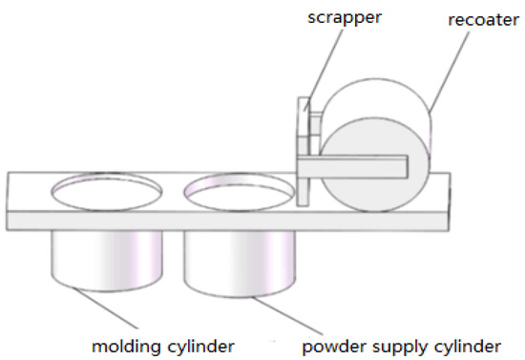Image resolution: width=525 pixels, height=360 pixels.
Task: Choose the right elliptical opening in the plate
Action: tap(239, 190)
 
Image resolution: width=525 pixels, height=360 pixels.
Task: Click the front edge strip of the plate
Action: tap(229, 219)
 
